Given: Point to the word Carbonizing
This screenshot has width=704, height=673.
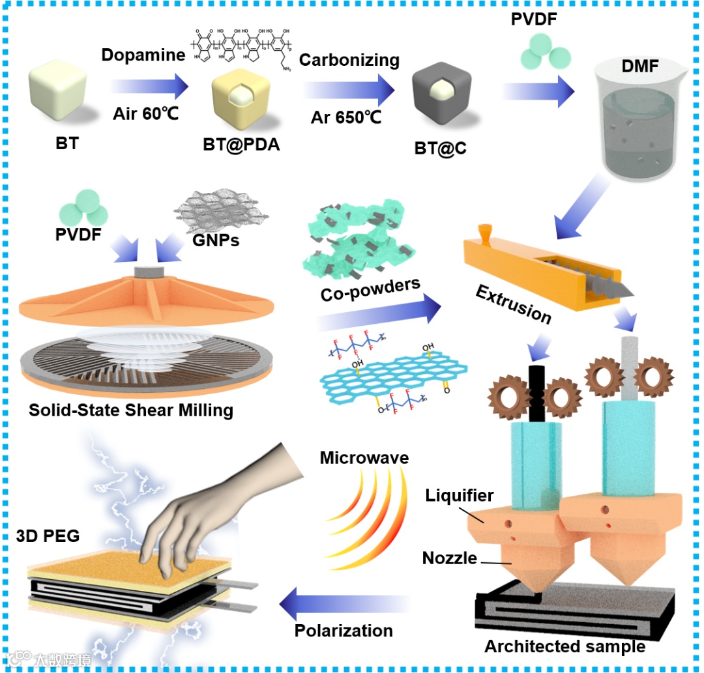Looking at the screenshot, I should pyautogui.click(x=349, y=60).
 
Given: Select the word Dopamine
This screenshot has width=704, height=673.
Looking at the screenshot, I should pyautogui.click(x=143, y=55).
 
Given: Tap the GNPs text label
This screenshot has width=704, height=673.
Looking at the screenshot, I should pyautogui.click(x=217, y=240).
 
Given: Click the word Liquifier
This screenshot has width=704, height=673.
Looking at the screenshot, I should pyautogui.click(x=459, y=496).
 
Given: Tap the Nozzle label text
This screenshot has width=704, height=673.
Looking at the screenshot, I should pyautogui.click(x=449, y=558).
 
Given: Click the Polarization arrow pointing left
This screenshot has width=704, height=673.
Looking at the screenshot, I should pyautogui.click(x=345, y=603).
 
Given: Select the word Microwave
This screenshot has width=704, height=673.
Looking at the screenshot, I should pyautogui.click(x=364, y=458).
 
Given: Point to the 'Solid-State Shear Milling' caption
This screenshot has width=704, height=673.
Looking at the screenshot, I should pyautogui.click(x=131, y=410).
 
